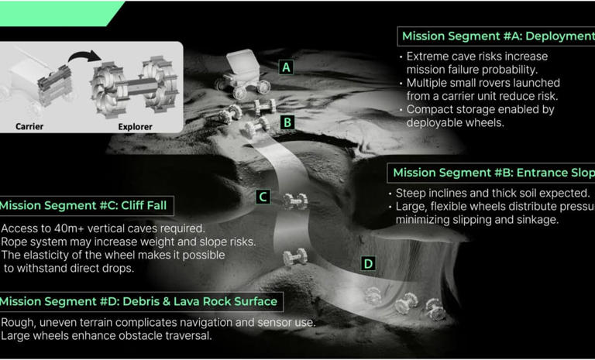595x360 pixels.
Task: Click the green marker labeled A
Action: coord(287,67)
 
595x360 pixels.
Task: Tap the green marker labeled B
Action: coord(287,122)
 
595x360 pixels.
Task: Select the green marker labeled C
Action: coord(263,197)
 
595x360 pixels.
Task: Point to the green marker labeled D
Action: coord(368,264)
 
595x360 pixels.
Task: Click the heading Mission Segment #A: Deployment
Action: coord(496,36)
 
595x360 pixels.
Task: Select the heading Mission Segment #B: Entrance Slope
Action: coord(490,173)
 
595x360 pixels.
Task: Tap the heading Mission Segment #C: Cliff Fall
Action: coord(86,206)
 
